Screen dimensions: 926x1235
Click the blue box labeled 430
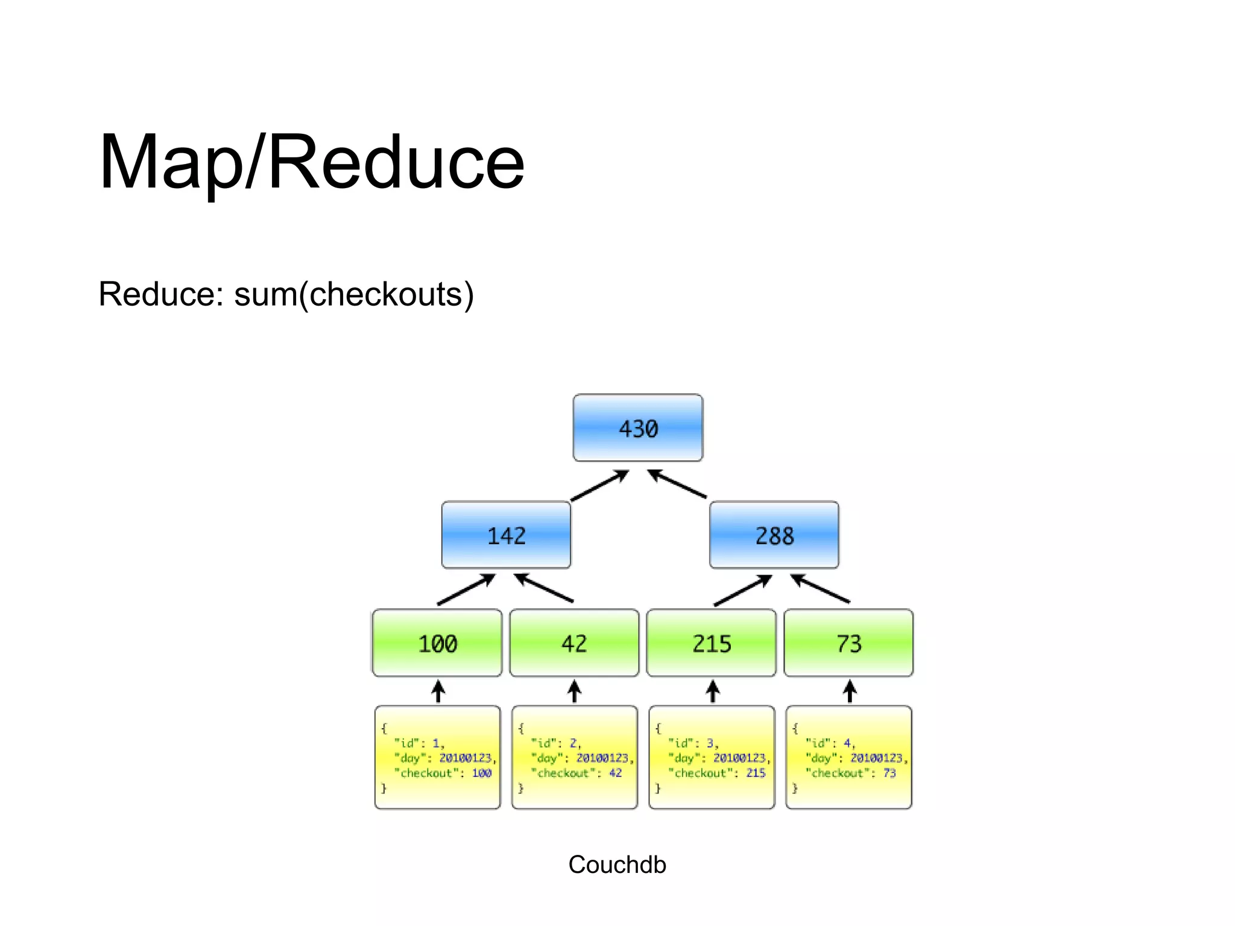click(x=637, y=428)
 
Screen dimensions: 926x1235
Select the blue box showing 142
click(x=506, y=535)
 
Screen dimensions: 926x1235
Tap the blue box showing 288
click(x=774, y=535)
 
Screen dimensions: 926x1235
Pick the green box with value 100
click(x=437, y=643)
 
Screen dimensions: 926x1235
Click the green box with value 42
click(x=574, y=643)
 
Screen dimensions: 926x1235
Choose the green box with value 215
click(x=711, y=643)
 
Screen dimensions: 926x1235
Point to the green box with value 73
click(x=848, y=643)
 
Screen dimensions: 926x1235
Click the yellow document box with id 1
click(x=437, y=757)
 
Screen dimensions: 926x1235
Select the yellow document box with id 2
click(x=574, y=757)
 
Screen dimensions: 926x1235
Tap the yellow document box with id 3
click(x=712, y=757)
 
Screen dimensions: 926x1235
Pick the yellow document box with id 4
click(x=848, y=757)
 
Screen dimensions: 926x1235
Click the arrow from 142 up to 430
click(x=600, y=485)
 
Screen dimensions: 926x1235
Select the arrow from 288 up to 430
click(x=677, y=484)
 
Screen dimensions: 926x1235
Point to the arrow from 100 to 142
click(x=466, y=589)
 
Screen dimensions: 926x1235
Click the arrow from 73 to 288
click(x=820, y=588)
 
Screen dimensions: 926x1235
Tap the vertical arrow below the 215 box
click(x=713, y=691)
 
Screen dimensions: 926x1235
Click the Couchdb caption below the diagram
click(x=617, y=865)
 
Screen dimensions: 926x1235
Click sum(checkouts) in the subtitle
click(x=354, y=294)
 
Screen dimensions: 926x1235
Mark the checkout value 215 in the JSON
click(x=756, y=773)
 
